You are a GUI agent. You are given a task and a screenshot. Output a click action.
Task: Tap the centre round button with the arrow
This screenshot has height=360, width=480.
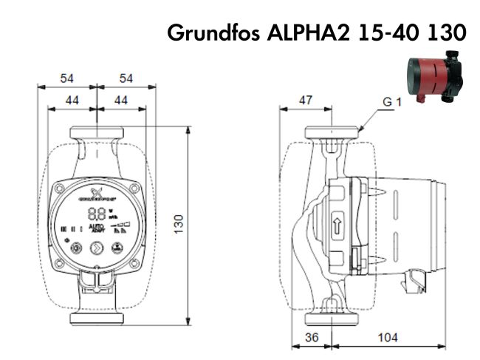tap(96, 248)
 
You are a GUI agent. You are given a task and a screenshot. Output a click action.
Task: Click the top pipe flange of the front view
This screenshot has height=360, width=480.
tap(96, 134)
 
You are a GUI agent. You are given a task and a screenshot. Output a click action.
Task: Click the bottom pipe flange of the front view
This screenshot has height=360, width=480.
tap(96, 319)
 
